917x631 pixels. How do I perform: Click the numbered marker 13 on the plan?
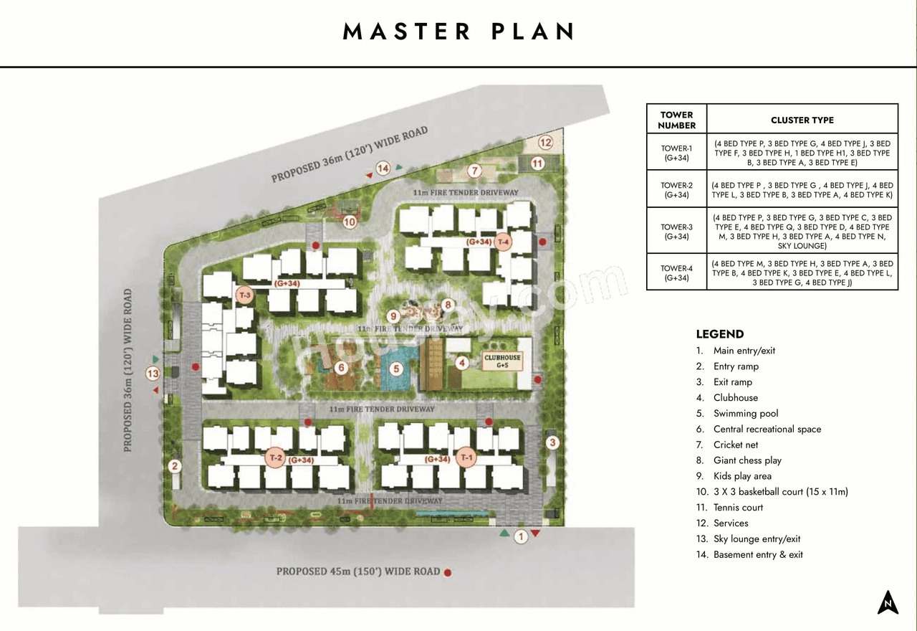click(153, 374)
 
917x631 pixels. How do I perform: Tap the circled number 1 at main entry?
click(522, 536)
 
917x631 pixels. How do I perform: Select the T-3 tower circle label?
click(245, 295)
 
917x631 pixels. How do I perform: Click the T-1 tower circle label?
click(467, 457)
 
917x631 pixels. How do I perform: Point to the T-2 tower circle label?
click(275, 457)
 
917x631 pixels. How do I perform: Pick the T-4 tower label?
click(504, 241)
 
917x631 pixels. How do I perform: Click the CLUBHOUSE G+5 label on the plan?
click(502, 361)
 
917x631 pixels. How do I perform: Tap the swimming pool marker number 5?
click(398, 369)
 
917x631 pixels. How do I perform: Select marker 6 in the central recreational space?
click(341, 369)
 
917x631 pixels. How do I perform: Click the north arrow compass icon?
click(888, 602)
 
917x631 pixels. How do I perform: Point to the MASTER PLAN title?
click(458, 32)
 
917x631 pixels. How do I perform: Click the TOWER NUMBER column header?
click(676, 120)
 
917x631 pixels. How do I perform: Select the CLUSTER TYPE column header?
click(802, 120)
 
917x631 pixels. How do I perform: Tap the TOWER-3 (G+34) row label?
click(676, 232)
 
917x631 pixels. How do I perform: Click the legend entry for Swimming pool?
click(745, 414)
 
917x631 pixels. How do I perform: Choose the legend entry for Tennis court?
click(738, 508)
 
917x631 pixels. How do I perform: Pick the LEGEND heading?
click(720, 334)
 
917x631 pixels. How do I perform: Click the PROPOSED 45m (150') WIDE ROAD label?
click(358, 571)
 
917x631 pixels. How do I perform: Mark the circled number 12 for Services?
click(546, 142)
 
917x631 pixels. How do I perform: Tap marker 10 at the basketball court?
click(350, 222)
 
